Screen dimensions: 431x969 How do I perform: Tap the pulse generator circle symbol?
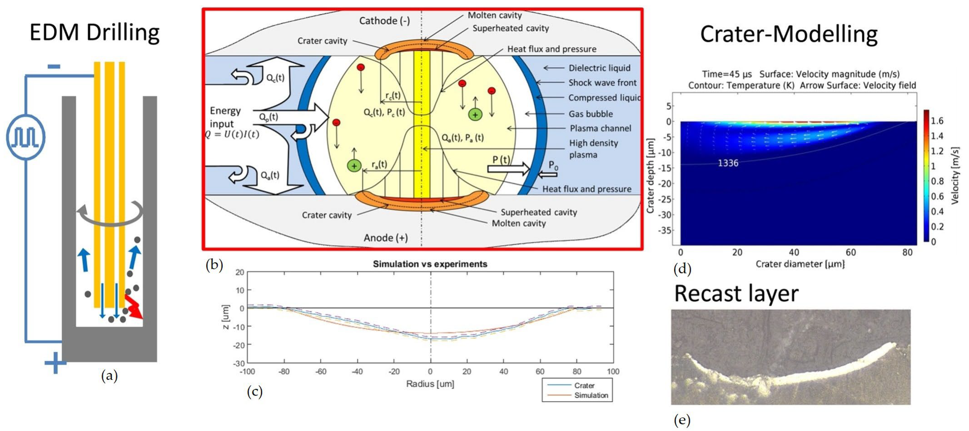pos(25,137)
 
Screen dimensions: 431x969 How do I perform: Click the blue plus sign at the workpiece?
pos(55,363)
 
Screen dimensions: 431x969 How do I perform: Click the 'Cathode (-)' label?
pos(384,21)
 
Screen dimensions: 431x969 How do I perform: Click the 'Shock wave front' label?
pos(602,83)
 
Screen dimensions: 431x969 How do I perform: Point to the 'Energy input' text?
pos(225,117)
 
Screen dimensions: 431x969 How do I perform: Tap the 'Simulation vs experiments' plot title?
pos(430,264)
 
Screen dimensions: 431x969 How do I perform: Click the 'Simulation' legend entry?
pos(591,395)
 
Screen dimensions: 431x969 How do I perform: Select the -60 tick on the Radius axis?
pos(321,372)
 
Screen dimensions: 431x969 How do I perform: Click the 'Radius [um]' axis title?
pos(430,384)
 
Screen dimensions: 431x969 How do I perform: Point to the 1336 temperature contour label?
pos(728,163)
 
